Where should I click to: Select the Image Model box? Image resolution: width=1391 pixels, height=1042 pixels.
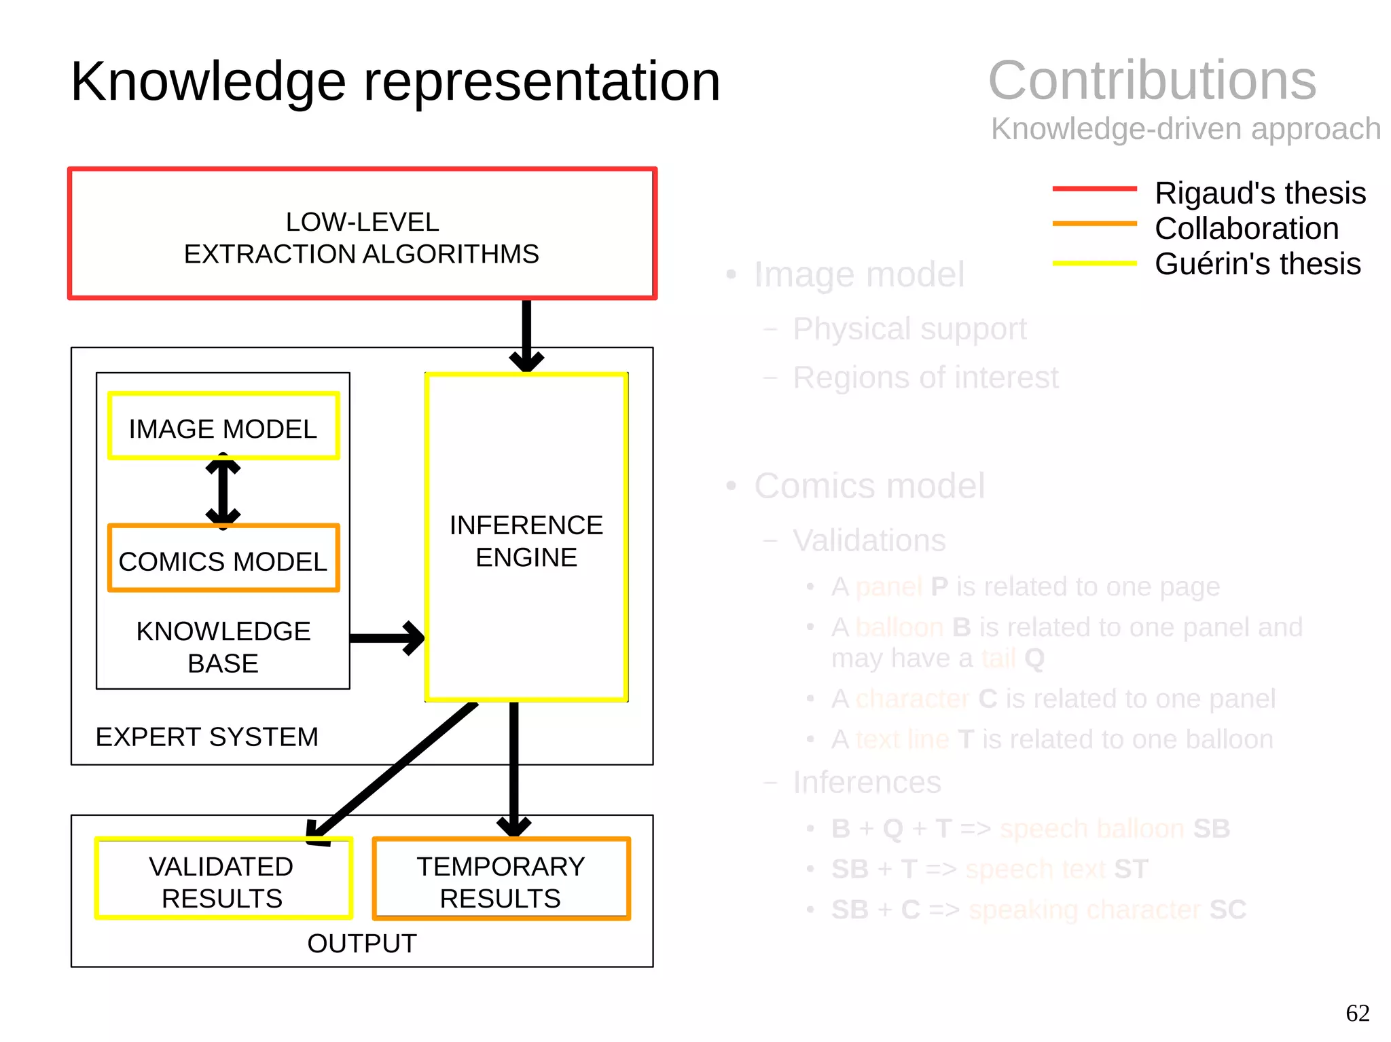223,427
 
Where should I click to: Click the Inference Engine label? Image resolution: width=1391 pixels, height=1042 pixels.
526,540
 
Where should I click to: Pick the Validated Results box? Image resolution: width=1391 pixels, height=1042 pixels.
223,880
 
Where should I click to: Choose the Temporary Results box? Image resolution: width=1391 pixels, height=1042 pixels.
501,880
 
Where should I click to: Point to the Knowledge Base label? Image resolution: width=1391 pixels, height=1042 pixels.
223,647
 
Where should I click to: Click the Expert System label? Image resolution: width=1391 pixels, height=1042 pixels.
206,737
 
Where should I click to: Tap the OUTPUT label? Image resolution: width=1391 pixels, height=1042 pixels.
361,944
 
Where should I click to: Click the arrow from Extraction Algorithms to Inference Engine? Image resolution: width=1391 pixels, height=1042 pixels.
526,334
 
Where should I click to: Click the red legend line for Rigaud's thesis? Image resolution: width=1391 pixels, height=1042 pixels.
1094,189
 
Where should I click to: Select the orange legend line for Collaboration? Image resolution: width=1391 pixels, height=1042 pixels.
1094,223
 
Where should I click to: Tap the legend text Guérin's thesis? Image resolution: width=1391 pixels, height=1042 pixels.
1257,264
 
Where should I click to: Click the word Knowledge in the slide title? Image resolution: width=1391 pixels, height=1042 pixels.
208,82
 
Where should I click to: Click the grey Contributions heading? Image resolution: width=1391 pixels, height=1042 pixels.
1152,81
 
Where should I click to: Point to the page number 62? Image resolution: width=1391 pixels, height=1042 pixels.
1357,1013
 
